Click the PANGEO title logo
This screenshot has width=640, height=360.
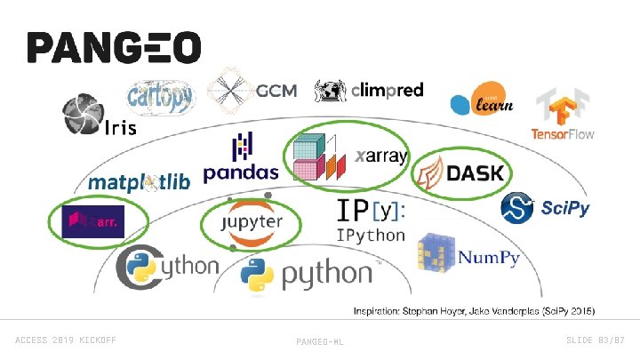(114, 49)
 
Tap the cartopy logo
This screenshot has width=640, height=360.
(160, 96)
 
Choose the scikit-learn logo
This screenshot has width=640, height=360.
(480, 101)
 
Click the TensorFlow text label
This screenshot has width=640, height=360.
(563, 134)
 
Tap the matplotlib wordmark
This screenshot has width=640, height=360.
(139, 183)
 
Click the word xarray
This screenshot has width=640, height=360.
(380, 156)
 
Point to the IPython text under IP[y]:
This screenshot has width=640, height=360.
(370, 236)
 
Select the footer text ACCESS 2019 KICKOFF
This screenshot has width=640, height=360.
(66, 340)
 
